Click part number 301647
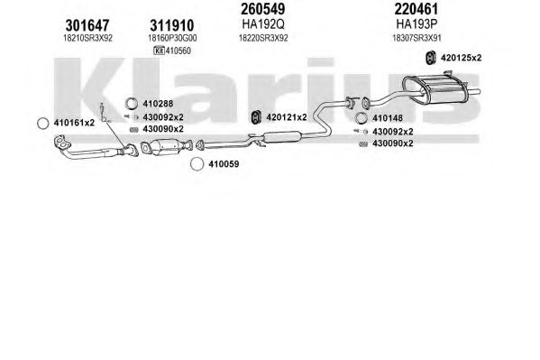(x=87, y=25)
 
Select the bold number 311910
(x=172, y=25)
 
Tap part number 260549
(x=262, y=9)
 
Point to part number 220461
(x=416, y=9)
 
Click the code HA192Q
(x=263, y=24)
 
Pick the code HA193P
(x=416, y=24)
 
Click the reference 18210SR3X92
(x=87, y=38)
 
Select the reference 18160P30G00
(x=172, y=38)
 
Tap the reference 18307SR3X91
(x=416, y=38)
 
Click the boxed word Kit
(x=159, y=51)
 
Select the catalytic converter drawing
(x=166, y=146)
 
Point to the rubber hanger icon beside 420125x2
(x=431, y=58)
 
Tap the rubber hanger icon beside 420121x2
(x=255, y=117)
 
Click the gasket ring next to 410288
(x=131, y=103)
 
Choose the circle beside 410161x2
(x=42, y=124)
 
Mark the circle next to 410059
(x=197, y=164)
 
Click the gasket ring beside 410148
(x=361, y=118)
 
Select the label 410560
(x=178, y=51)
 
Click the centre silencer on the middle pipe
(x=282, y=137)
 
